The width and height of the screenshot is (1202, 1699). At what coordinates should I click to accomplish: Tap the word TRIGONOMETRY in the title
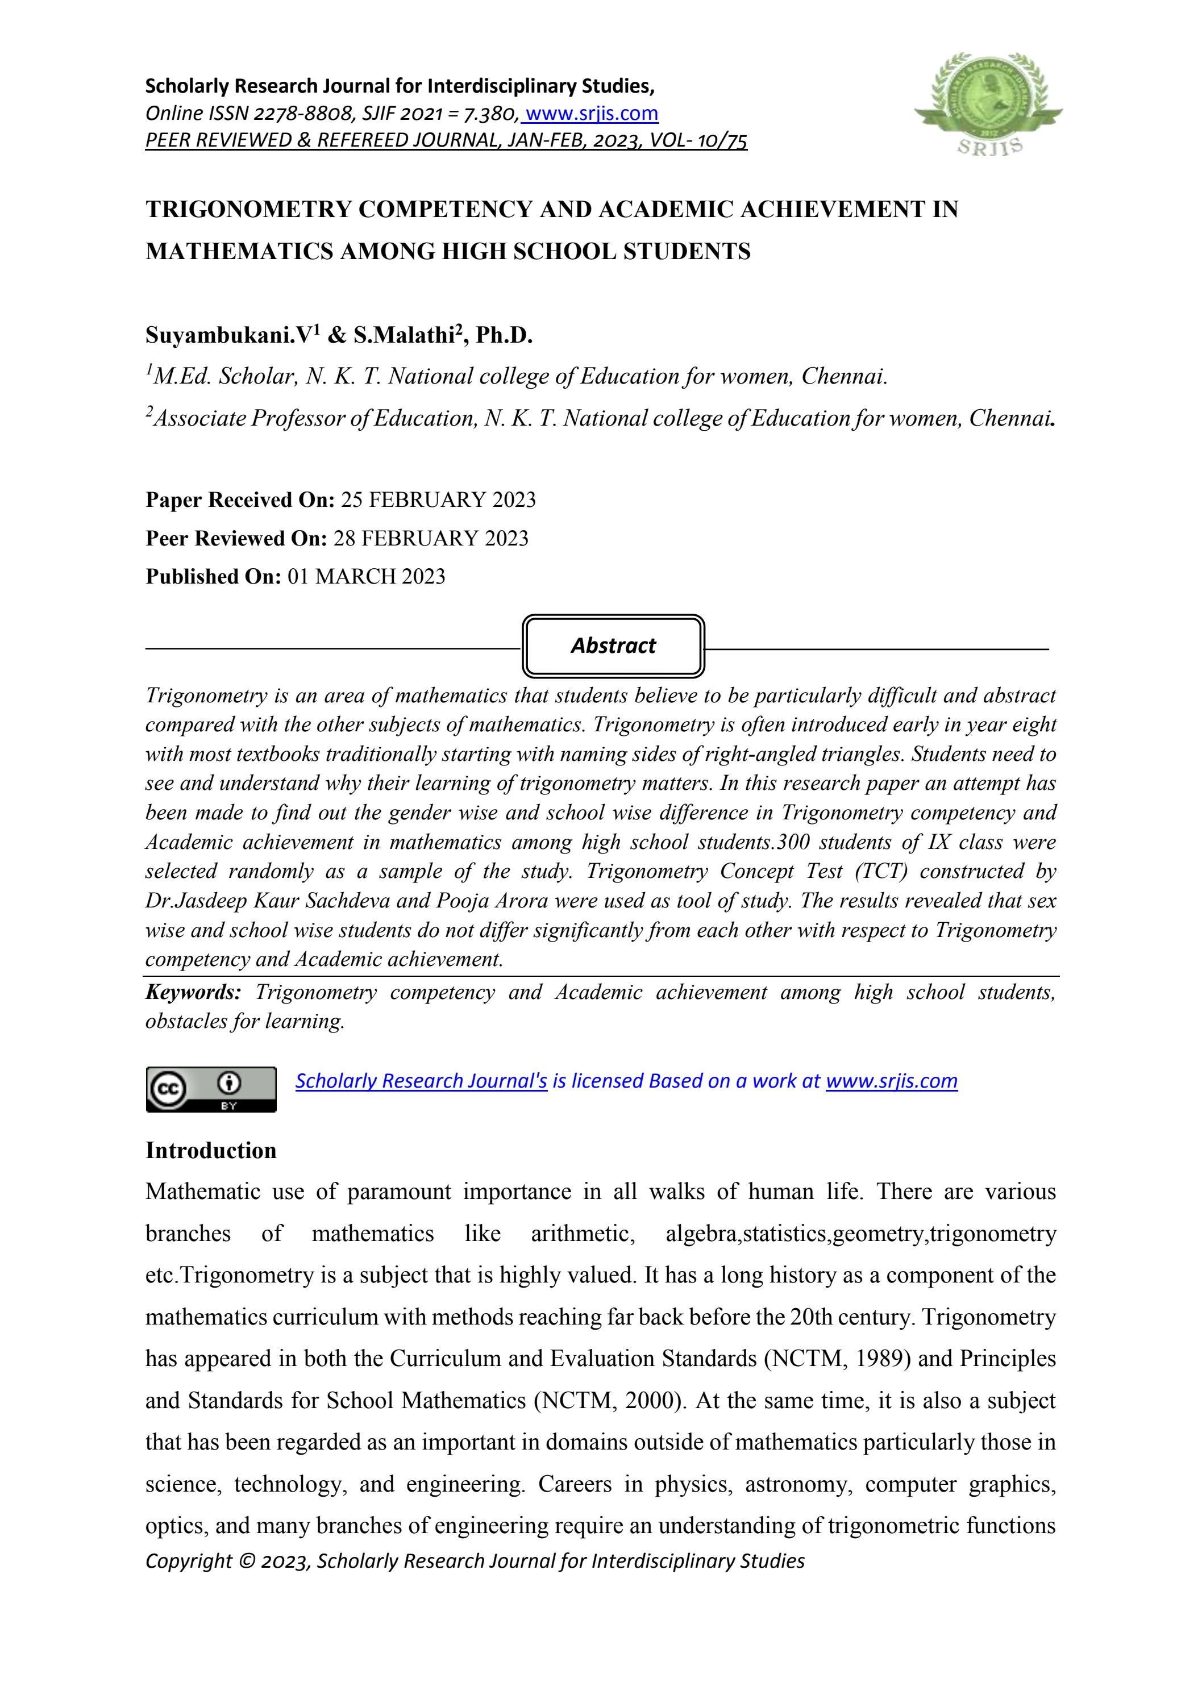(249, 210)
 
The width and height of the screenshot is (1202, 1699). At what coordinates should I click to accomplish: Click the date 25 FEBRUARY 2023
(438, 500)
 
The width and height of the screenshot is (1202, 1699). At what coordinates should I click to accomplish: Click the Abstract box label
(613, 646)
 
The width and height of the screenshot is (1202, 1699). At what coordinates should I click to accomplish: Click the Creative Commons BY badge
(211, 1089)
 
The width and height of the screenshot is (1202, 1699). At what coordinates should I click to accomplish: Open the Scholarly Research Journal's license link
(421, 1081)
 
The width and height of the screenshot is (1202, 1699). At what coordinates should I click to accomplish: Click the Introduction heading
(211, 1151)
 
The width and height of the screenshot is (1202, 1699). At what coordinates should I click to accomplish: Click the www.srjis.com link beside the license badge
(891, 1081)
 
